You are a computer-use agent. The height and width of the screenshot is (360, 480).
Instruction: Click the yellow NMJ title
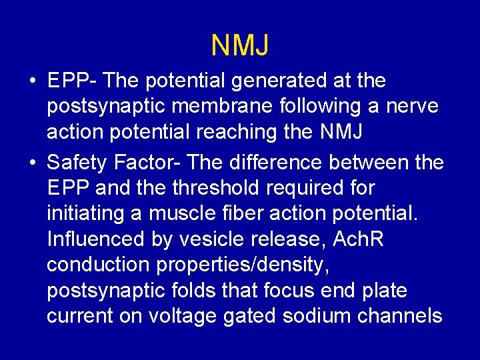coord(240,45)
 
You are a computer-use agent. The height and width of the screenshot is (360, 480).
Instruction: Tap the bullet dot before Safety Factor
coord(32,162)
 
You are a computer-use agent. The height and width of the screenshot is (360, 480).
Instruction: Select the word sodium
coord(316,316)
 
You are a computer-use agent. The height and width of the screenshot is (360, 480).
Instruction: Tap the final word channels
coord(401,316)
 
